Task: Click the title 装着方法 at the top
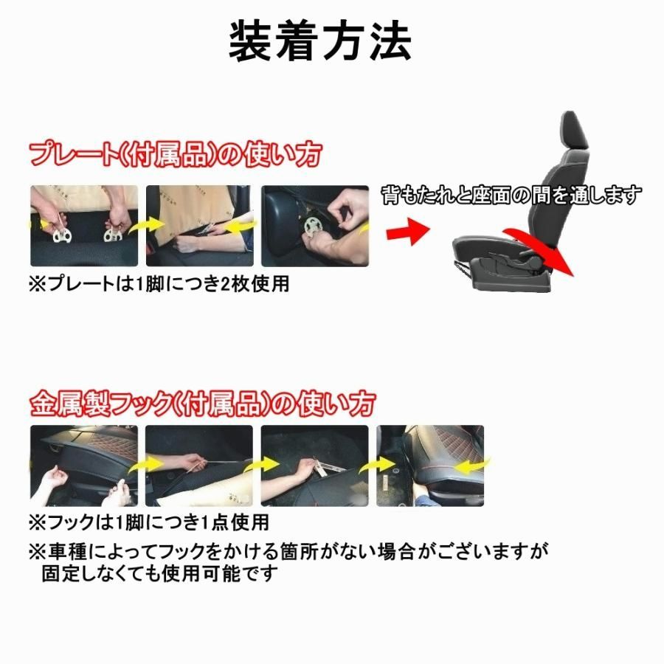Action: click(x=320, y=42)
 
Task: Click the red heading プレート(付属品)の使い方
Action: click(x=176, y=155)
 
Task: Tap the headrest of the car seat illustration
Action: click(x=574, y=131)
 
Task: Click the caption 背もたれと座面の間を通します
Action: click(x=511, y=195)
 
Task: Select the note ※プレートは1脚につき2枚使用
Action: click(x=158, y=285)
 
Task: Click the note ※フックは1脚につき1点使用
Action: click(x=148, y=523)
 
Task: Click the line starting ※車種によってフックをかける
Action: click(x=289, y=550)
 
